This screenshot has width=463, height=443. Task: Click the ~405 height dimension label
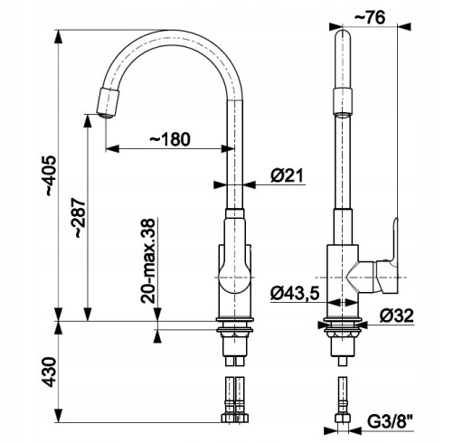pos(51,176)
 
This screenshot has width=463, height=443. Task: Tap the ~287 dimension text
pos(80,218)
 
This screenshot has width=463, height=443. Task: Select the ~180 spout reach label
pos(170,139)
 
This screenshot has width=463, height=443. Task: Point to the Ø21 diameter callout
pos(287,175)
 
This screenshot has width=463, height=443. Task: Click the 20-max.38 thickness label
pos(148,260)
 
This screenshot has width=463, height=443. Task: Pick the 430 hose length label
pos(50,372)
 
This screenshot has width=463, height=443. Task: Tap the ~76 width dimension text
pos(370,18)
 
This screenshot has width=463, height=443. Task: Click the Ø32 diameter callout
pos(397,316)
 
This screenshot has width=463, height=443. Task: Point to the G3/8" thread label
pos(390,421)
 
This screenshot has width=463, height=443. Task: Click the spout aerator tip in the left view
pos(108,103)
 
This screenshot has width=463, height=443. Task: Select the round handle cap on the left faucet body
pos(234,278)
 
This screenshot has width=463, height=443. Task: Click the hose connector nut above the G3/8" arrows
pos(343,419)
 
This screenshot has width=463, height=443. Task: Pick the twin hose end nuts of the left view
pos(235,418)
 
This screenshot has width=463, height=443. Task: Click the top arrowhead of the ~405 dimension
pos(59,37)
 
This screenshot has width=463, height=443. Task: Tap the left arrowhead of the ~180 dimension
pos(112,148)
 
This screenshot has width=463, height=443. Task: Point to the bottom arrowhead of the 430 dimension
pos(59,415)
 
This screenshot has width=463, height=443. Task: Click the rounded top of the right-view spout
pos(343,36)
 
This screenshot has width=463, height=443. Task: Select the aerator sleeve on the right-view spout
pos(343,101)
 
